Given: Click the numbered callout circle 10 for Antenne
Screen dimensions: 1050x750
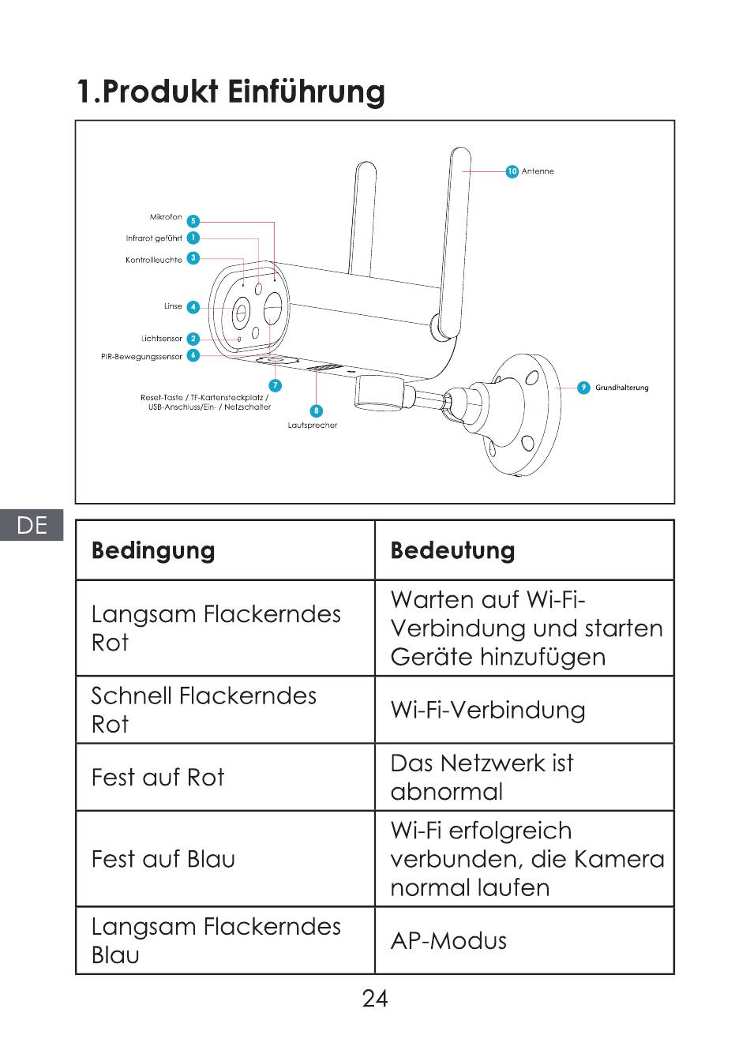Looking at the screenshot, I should pos(512,171).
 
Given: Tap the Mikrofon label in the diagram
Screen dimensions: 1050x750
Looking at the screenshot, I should pos(166,217).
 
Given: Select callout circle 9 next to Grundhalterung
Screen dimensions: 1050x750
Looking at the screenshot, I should pos(583,388).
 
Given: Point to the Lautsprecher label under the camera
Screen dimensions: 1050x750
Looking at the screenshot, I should pos(312,426).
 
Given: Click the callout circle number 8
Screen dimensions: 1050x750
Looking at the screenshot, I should pos(317,411).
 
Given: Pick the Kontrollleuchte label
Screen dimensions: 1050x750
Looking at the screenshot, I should pos(153,260).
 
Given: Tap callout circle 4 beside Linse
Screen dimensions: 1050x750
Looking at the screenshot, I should pos(193,306).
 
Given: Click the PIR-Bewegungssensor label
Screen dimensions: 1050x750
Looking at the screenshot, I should pos(141,357).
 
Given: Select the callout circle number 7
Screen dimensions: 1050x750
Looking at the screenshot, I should pos(275,385).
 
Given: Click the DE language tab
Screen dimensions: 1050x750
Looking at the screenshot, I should pos(32,525).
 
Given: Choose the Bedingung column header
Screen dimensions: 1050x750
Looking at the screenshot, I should pos(153,550).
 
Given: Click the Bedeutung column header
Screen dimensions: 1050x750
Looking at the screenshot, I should pos(452,550).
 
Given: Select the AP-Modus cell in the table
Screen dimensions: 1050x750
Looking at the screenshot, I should pos(448,940).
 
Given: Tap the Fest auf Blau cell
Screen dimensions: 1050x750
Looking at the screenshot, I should pos(163,859).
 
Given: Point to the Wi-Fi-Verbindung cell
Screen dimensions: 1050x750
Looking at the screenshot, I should pos(488,710).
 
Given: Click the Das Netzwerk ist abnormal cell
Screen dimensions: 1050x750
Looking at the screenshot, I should pos(482,777).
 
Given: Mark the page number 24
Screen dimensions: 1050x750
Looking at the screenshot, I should pos(375,999).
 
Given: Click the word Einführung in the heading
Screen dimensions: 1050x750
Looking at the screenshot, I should pos(306,92).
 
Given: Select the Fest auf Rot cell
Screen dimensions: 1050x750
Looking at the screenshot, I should pos(158,778).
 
